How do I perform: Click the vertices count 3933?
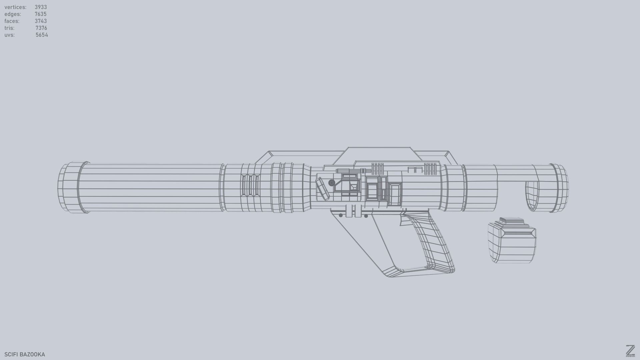coord(41,7)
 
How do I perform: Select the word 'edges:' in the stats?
coord(13,14)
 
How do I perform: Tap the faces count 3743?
coord(41,21)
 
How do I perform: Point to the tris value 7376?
coord(41,28)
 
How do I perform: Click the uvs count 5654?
coord(42,35)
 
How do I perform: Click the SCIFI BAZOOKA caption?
coord(25,354)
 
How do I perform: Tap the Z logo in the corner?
coord(630,351)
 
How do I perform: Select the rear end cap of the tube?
coord(560,188)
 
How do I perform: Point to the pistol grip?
coord(430,243)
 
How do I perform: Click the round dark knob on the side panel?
coord(331,183)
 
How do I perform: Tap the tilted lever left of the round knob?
coord(323,189)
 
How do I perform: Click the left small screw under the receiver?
coord(341,216)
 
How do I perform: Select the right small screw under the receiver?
coord(366,216)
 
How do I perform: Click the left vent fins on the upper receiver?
coord(377,168)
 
